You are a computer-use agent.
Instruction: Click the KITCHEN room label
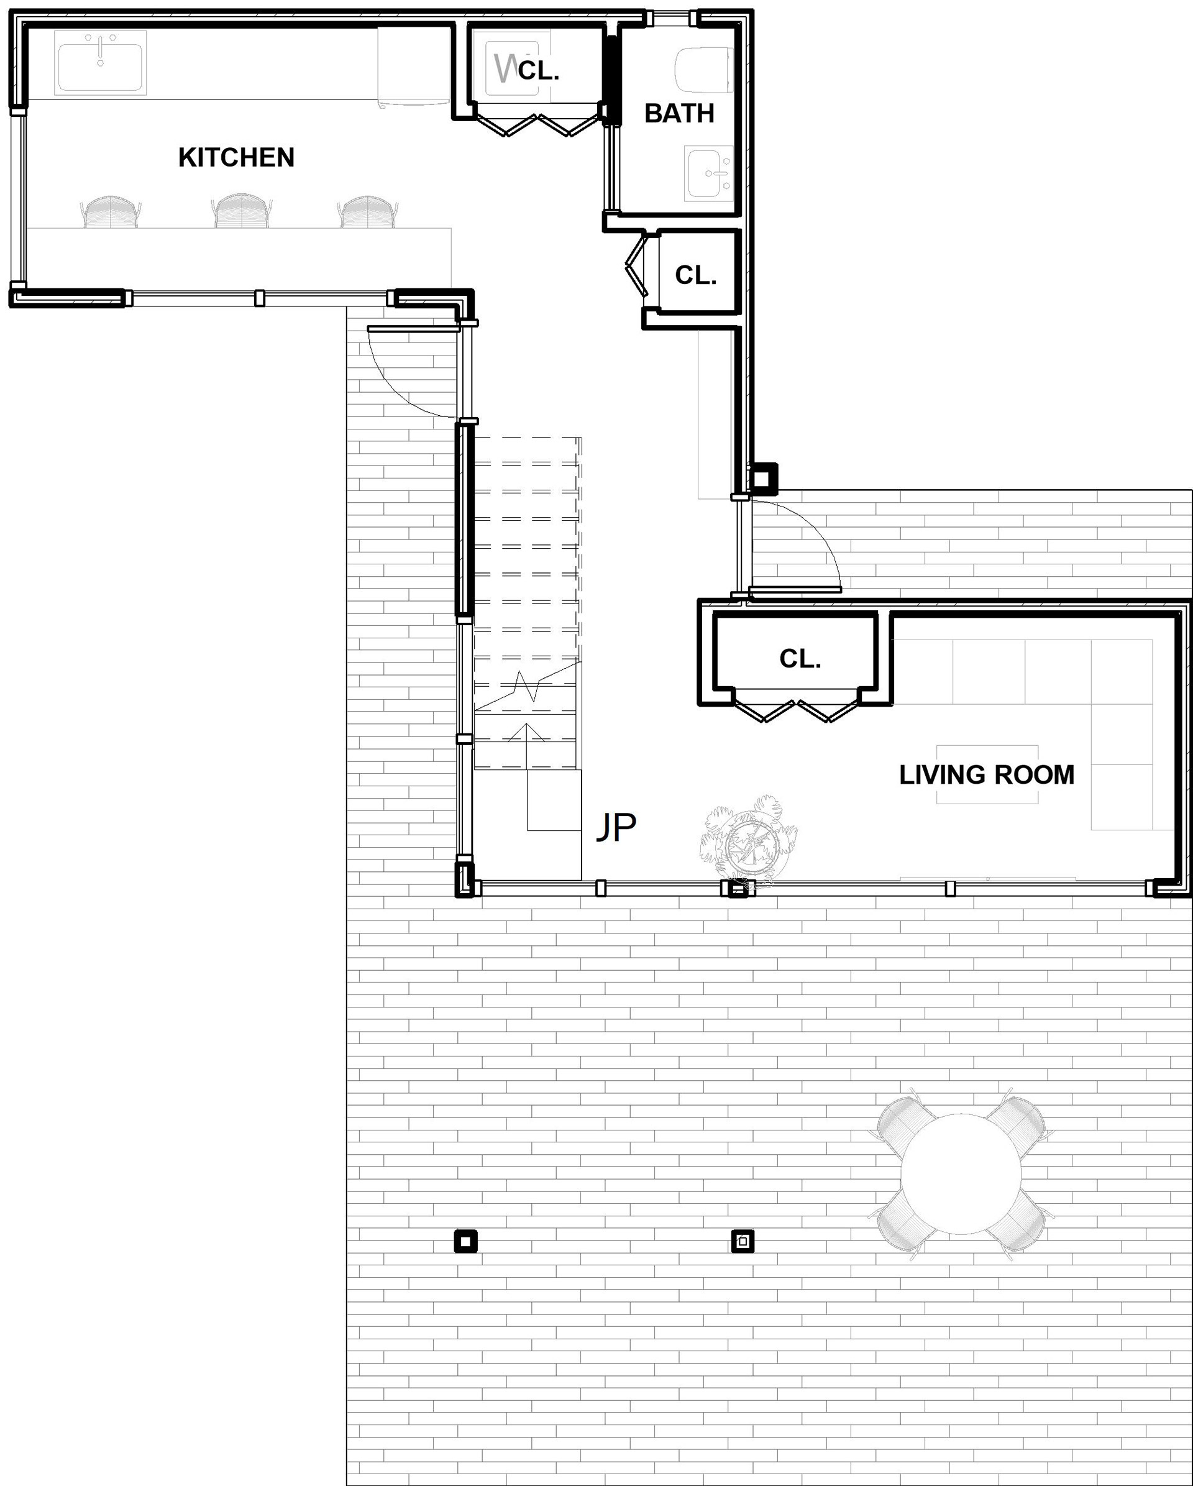coord(236,158)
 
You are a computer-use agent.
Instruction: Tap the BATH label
coord(679,114)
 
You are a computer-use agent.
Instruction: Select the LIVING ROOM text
coord(986,776)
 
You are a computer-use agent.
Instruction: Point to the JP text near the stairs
coord(616,827)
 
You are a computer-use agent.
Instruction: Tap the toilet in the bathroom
coord(703,70)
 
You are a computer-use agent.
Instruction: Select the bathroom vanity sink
coord(710,173)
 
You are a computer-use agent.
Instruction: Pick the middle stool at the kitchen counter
coord(240,210)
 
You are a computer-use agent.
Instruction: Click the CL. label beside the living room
coord(800,659)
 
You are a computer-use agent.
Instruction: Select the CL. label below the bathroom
coord(695,276)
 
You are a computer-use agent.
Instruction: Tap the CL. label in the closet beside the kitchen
coord(538,70)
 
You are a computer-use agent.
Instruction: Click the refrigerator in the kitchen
coord(414,67)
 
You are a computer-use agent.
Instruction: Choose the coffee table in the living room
coord(987,774)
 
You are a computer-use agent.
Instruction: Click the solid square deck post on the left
coord(466,1242)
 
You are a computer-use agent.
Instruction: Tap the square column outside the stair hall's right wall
coord(763,479)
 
